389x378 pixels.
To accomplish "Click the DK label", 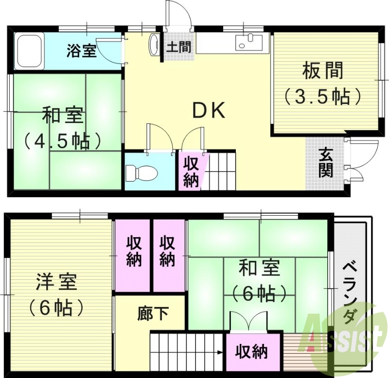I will (x=209, y=111).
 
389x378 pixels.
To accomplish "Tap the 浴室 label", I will (x=81, y=51).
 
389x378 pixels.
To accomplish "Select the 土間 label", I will (x=178, y=48).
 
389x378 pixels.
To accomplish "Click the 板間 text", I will (x=322, y=72).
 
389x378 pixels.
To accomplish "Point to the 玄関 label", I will (x=326, y=163).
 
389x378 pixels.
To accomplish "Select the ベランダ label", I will (x=348, y=292).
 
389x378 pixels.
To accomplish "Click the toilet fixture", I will (x=141, y=172).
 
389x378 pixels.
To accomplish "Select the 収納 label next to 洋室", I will (x=134, y=251).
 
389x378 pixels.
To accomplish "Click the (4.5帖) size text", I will (x=64, y=141).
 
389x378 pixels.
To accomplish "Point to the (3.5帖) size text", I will (x=322, y=96).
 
